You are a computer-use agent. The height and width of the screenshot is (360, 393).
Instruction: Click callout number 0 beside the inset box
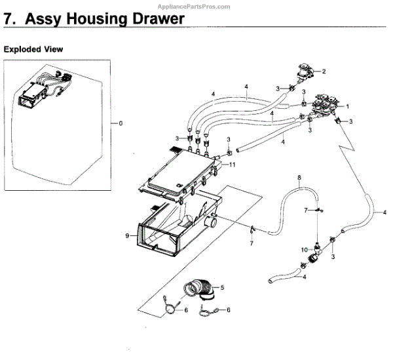(120, 123)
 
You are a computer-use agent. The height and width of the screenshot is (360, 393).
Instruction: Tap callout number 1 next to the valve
(347, 106)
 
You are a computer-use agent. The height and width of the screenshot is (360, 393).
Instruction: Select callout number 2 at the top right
(324, 71)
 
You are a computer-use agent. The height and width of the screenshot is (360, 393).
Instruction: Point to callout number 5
(222, 287)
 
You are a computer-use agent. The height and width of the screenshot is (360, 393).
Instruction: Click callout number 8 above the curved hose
(299, 178)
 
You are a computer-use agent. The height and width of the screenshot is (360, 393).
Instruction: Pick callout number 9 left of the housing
(126, 234)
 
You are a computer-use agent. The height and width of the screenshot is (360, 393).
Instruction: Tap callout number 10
(303, 249)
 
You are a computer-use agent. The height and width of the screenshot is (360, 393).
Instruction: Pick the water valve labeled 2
(305, 70)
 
